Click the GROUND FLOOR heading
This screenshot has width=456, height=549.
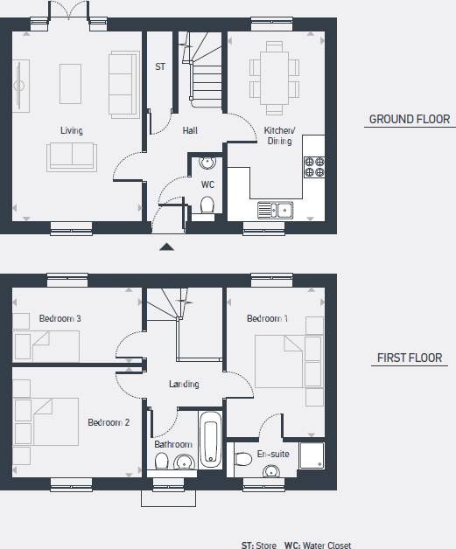(x=409, y=120)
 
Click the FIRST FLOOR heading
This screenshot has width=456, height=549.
(x=409, y=358)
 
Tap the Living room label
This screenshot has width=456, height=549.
(x=72, y=131)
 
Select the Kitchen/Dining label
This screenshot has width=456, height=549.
(x=280, y=136)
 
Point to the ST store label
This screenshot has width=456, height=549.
(x=160, y=66)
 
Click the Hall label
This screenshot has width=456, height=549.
(x=190, y=131)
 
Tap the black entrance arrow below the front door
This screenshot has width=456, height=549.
(x=167, y=247)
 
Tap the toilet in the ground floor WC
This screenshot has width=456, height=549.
(x=207, y=205)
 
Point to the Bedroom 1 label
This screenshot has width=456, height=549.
(x=267, y=318)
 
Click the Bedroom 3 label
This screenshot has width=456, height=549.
(x=60, y=318)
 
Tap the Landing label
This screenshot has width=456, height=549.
(x=184, y=384)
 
